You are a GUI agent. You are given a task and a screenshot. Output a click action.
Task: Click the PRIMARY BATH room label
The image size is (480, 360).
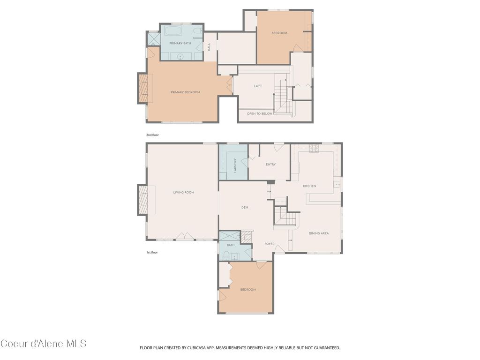[180, 43]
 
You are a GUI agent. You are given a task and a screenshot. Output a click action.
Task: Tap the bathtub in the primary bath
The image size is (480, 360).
[174, 31]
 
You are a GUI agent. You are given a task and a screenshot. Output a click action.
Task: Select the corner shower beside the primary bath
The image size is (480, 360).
[153, 38]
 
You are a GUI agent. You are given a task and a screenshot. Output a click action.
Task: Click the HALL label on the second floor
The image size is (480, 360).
[210, 47]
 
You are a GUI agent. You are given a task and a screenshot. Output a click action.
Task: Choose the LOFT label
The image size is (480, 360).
[258, 86]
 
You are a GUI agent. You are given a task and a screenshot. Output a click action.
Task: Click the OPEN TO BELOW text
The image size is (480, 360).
[259, 113]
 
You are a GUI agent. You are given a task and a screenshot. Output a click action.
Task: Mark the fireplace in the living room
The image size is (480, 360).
[143, 200]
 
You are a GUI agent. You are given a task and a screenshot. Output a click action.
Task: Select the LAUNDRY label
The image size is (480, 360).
[235, 165]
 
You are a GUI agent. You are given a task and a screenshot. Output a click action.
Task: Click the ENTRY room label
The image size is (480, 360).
[270, 165]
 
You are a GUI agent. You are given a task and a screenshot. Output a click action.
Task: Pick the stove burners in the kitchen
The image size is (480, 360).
[313, 149]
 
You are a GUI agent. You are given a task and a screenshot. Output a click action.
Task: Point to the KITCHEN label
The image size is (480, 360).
[309, 186]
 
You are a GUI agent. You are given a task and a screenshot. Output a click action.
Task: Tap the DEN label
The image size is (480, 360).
[244, 207]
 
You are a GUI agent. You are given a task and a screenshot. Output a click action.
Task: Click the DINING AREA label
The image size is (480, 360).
[318, 233]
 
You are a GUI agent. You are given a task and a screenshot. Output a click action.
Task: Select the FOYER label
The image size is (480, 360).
[270, 244]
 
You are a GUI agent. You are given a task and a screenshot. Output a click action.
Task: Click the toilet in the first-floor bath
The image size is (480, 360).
[226, 255]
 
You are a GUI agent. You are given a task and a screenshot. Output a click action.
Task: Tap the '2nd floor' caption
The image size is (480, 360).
[152, 135]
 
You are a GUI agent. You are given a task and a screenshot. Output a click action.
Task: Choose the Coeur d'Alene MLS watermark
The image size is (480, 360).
[44, 344]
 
